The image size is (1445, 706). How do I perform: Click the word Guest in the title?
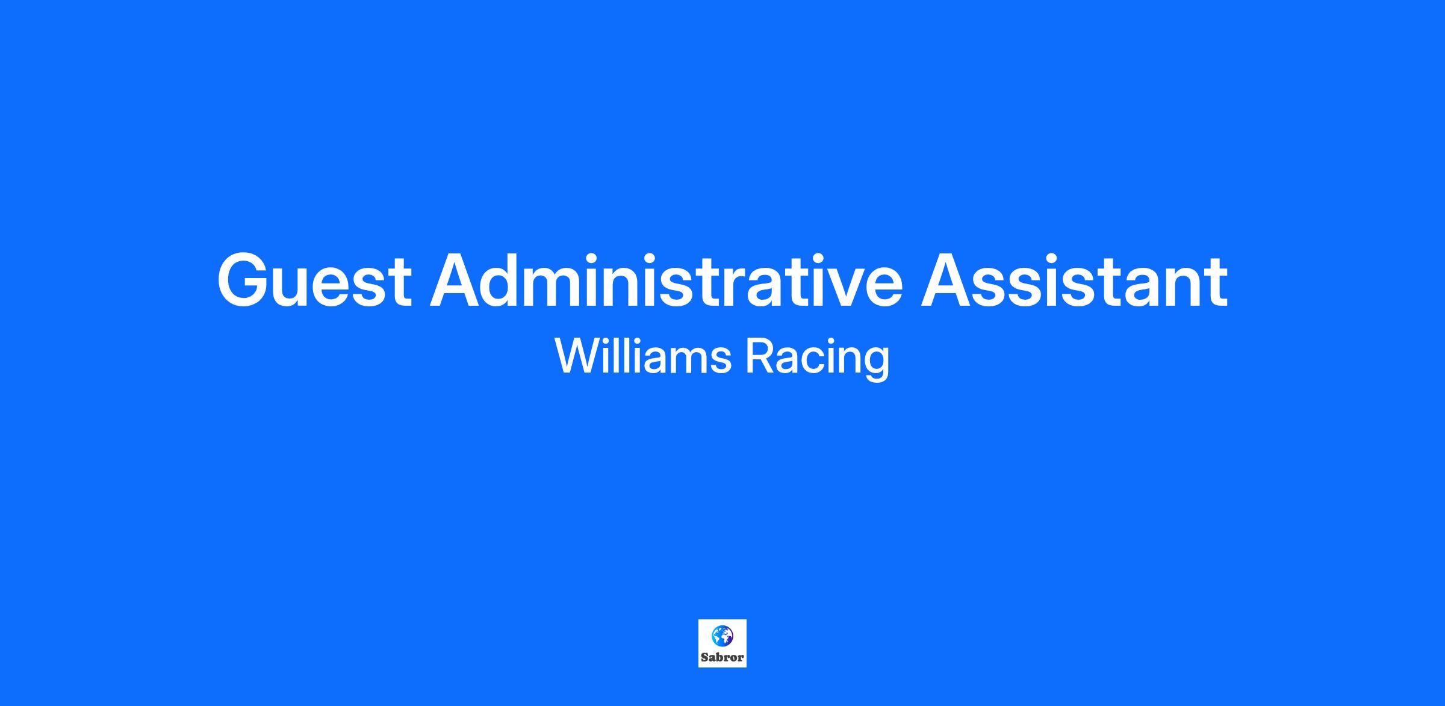tap(314, 280)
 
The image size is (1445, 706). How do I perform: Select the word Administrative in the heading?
tap(666, 280)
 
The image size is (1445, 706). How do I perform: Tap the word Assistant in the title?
tap(1074, 280)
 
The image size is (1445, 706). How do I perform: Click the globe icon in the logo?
tap(722, 636)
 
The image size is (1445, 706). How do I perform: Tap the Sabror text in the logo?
tap(722, 657)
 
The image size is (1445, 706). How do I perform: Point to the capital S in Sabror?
tap(704, 657)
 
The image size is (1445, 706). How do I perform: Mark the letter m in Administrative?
tap(570, 288)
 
